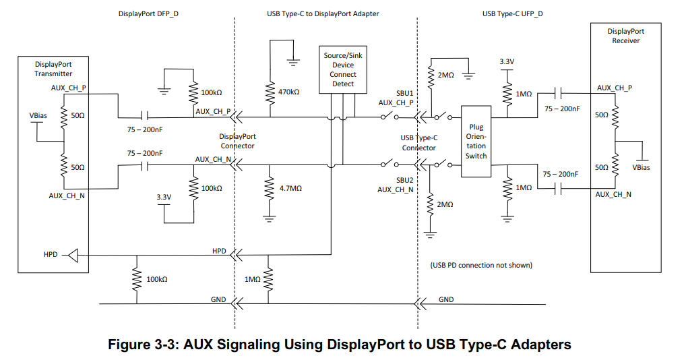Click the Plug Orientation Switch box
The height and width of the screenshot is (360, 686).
pos(476,141)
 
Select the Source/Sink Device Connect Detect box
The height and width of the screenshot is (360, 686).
pos(343,69)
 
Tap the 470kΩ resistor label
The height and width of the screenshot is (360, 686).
pos(288,92)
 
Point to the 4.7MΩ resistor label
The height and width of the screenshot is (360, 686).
pos(290,189)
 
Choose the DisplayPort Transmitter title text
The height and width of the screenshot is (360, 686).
pos(53,69)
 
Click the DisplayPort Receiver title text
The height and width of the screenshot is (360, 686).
pos(625,36)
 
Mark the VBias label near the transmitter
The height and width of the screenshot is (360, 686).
pos(38,115)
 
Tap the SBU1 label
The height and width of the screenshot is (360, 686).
pos(404,93)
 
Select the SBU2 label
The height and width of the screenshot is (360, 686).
pos(404,181)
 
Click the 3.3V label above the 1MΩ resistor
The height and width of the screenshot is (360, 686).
pos(507,62)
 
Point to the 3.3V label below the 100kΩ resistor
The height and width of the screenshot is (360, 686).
pos(164,197)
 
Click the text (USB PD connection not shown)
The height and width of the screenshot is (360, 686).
pos(480,265)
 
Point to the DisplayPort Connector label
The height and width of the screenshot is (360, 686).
pos(237,141)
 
